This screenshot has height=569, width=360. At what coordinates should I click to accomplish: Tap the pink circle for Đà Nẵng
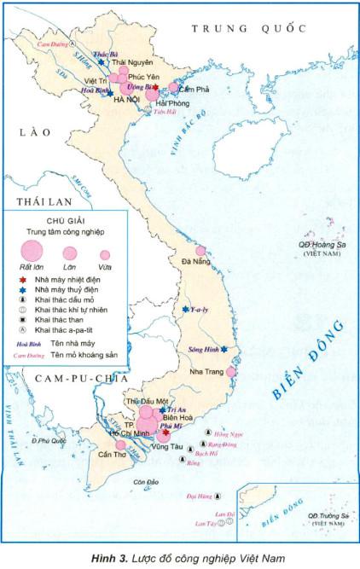pyautogui.click(x=201, y=251)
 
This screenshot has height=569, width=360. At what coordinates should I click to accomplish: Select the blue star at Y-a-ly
pyautogui.click(x=185, y=310)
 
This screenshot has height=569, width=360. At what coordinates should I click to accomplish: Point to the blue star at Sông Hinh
pyautogui.click(x=224, y=350)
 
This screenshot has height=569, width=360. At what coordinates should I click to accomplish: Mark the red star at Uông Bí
pyautogui.click(x=155, y=87)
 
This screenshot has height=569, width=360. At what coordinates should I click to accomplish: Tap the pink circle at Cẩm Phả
pyautogui.click(x=173, y=87)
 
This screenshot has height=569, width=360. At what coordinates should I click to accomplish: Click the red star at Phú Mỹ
pyautogui.click(x=166, y=433)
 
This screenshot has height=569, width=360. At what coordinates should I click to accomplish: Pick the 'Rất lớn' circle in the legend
pyautogui.click(x=32, y=250)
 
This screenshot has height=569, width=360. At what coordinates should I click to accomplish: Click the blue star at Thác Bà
pyautogui.click(x=102, y=62)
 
